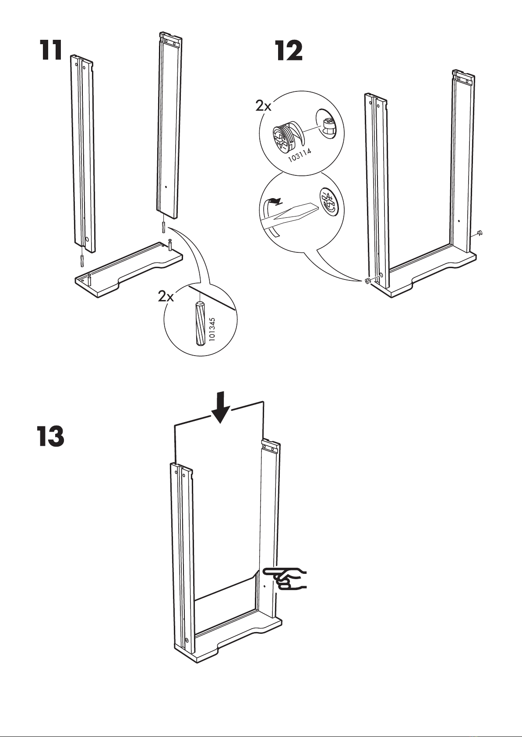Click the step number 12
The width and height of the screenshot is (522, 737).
pyautogui.click(x=289, y=51)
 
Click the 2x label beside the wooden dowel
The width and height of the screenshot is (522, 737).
pyautogui.click(x=166, y=297)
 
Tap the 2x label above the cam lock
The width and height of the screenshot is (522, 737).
pyautogui.click(x=264, y=105)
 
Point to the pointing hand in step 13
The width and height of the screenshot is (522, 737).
pyautogui.click(x=287, y=579)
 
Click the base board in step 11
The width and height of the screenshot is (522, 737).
pyautogui.click(x=127, y=271)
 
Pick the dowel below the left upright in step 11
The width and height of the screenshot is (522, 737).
pyautogui.click(x=82, y=261)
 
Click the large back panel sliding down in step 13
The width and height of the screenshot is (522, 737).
pyautogui.click(x=219, y=503)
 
